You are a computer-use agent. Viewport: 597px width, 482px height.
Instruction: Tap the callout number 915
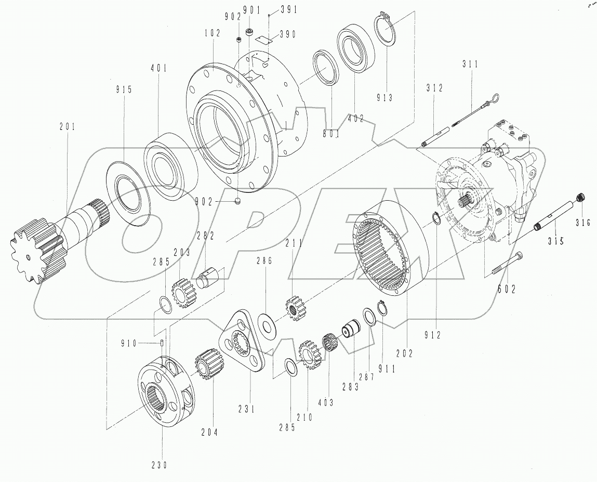coord(124,89)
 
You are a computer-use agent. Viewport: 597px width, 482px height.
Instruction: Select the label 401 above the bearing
coord(159,68)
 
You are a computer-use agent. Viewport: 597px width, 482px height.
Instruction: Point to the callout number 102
coord(213,33)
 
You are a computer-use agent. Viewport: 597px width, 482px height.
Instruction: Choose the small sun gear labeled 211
coord(295,309)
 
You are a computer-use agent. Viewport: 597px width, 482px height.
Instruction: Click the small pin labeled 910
coord(162,342)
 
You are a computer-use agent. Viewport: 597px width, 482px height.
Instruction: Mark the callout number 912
coord(433,336)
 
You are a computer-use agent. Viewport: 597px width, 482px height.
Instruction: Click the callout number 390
coord(287,34)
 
